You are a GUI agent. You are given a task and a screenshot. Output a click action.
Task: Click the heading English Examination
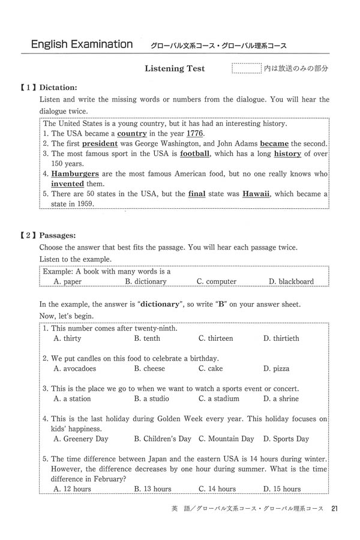pos(82,44)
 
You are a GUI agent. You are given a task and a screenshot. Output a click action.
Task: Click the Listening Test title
pos(175,69)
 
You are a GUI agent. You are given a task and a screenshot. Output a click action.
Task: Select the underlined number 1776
pos(195,133)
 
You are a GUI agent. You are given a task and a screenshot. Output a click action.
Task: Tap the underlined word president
pos(100,144)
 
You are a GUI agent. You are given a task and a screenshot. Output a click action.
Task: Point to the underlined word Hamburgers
pos(75,174)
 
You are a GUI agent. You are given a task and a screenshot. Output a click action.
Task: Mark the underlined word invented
pos(67,184)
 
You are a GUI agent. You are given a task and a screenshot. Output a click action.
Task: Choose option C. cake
pos(211,368)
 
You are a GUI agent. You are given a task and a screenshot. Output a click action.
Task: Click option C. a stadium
pos(219,398)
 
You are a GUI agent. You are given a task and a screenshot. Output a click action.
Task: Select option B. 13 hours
pos(153,489)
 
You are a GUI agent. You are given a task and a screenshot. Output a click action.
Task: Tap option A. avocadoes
pos(75,368)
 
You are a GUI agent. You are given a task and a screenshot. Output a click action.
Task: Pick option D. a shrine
pos(281,398)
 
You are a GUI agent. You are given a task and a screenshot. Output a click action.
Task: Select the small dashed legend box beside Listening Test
pos(246,68)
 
